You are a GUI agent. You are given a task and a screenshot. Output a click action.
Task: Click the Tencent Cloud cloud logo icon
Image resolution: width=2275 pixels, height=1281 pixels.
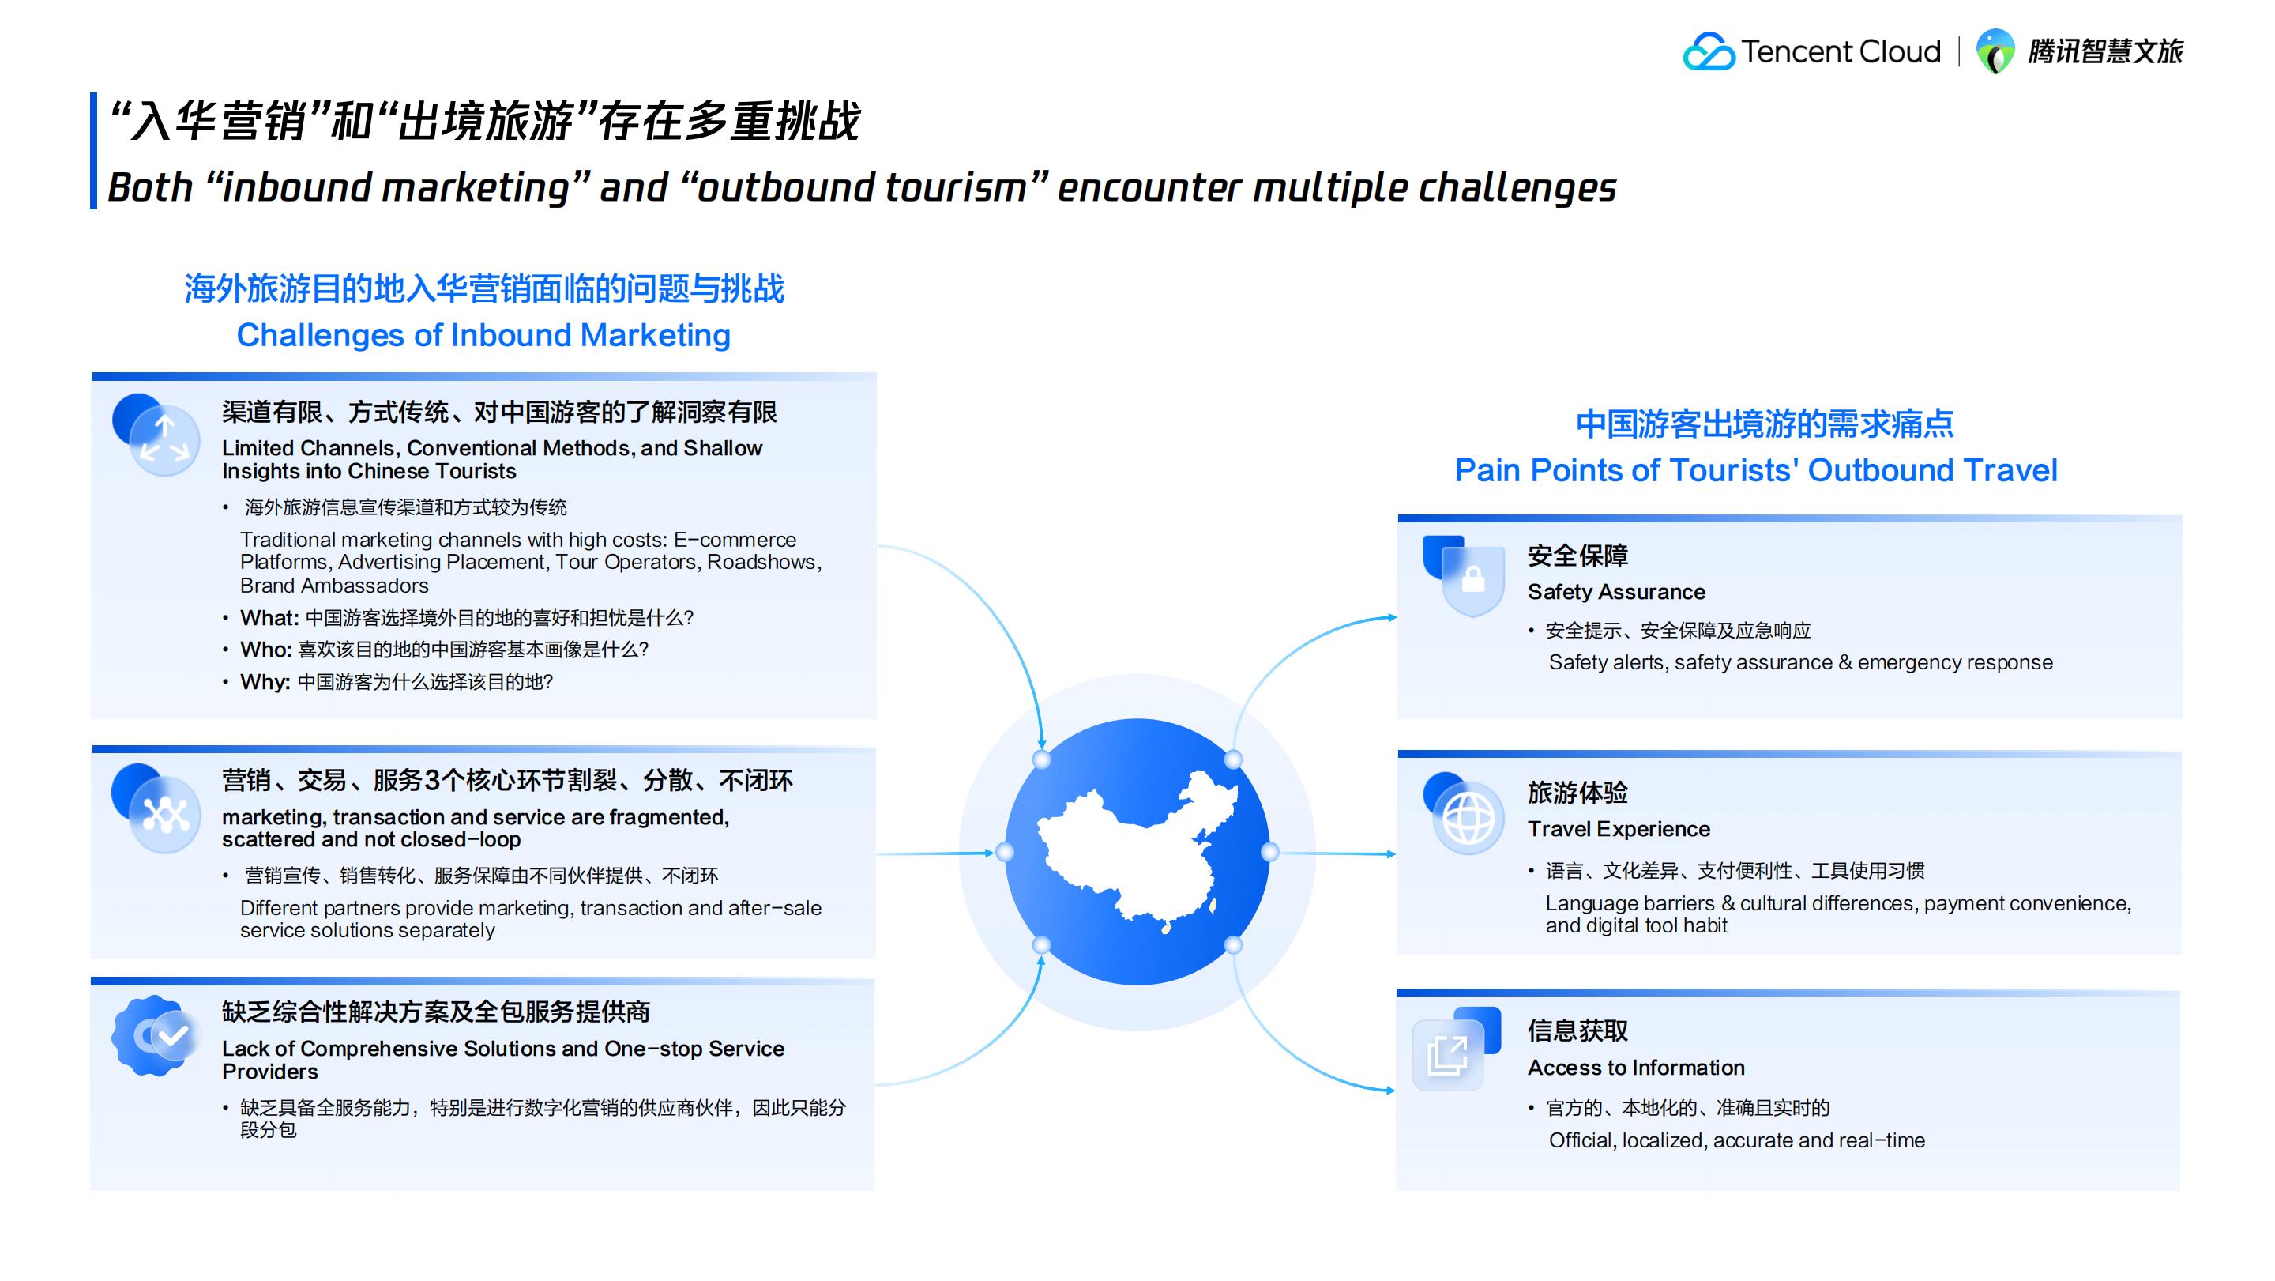tap(1709, 51)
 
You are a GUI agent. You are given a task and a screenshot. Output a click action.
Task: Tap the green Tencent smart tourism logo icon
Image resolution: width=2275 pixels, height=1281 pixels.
tap(1995, 51)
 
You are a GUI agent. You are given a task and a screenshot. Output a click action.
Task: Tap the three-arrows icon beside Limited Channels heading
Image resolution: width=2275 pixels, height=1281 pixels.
tap(156, 435)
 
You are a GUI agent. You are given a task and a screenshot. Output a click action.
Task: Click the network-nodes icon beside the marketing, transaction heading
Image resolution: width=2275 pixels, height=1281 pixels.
tap(156, 808)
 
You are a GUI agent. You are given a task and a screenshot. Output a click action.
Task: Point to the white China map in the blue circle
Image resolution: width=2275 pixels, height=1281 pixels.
tap(1137, 851)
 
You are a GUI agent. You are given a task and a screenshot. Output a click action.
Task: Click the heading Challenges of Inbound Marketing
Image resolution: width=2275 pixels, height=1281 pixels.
tap(484, 335)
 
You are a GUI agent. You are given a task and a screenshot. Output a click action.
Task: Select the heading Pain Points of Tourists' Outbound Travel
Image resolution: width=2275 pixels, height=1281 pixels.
tap(1756, 470)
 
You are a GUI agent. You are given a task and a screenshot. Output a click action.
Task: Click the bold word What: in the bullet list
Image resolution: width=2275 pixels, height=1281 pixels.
tap(269, 617)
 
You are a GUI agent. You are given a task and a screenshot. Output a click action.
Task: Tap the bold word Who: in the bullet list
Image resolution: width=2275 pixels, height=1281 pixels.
tap(266, 650)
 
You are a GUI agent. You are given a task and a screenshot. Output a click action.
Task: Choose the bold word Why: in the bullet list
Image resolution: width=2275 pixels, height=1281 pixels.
tap(265, 681)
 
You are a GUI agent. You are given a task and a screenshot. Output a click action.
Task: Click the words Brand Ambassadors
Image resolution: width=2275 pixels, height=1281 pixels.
tap(334, 585)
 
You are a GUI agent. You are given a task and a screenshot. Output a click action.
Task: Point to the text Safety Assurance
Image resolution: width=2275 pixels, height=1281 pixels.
tap(1616, 591)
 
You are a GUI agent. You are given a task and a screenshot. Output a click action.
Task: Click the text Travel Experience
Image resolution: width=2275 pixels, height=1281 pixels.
tap(1619, 829)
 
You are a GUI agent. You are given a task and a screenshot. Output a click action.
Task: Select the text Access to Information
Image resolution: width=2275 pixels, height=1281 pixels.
tap(1636, 1067)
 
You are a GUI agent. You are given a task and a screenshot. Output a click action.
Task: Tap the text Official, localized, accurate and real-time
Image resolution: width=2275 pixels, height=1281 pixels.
tap(1736, 1140)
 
